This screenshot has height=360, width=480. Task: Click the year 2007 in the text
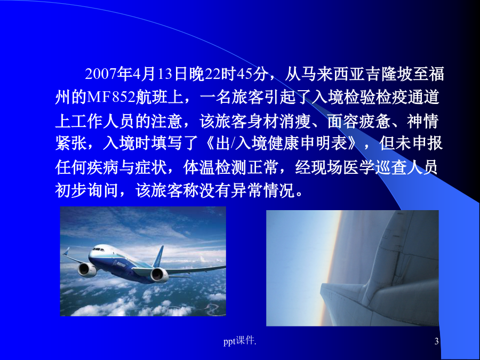[x=100, y=74]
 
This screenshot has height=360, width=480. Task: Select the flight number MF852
[x=111, y=98]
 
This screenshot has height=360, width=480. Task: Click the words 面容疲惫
[x=359, y=121]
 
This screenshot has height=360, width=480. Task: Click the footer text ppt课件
[x=239, y=340]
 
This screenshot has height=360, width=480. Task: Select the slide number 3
[x=436, y=341]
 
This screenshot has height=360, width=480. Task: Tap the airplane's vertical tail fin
[x=158, y=257]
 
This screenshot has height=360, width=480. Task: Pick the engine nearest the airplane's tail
[x=159, y=275]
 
